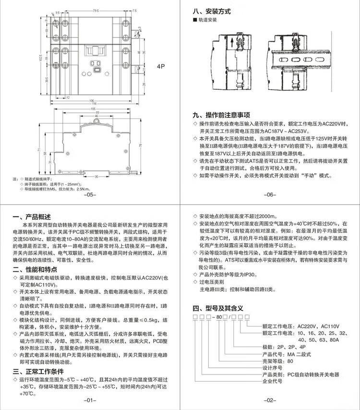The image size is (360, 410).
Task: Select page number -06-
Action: (269, 195)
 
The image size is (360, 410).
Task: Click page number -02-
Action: (269, 400)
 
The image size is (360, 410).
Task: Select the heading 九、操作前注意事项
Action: (221, 115)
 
